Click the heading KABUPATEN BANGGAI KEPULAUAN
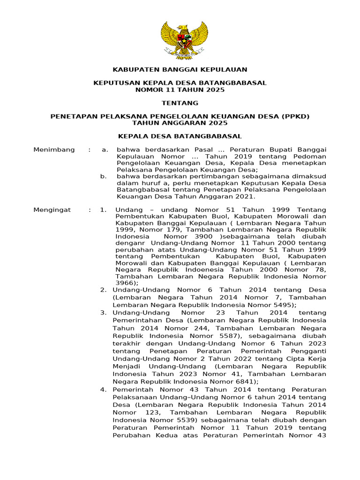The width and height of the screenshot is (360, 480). click(180, 70)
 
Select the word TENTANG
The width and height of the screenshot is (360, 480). click(180, 103)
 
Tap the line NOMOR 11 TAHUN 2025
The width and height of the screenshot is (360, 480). click(180, 90)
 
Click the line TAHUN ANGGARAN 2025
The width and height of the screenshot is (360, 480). click(180, 123)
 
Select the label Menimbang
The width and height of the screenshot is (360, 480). click(54, 150)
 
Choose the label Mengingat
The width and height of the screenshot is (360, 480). click(52, 210)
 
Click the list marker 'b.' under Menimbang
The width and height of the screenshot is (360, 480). click(104, 176)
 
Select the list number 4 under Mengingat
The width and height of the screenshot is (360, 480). click(103, 390)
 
